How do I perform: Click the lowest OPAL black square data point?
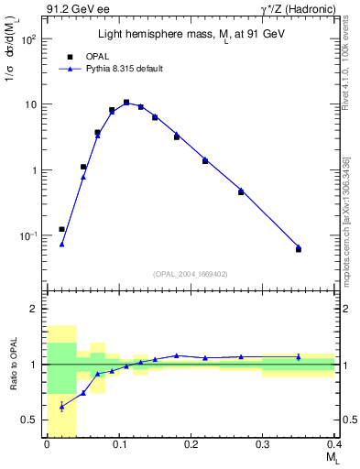299,249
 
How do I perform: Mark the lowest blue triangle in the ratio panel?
61,406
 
